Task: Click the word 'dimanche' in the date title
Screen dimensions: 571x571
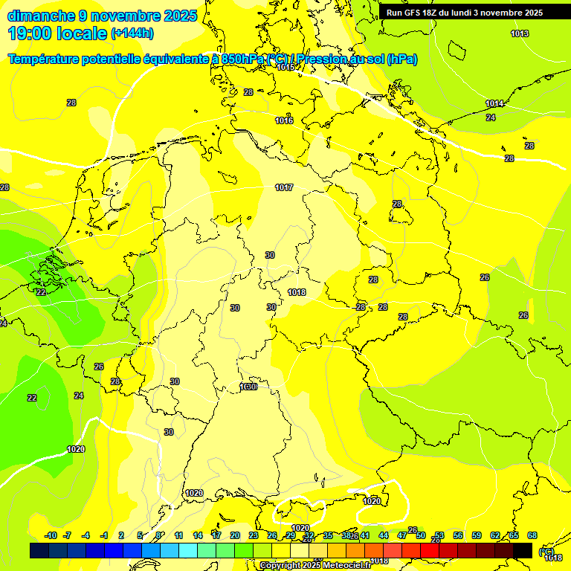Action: point(41,16)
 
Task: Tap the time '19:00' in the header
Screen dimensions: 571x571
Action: point(31,33)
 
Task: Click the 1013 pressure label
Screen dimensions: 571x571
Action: point(520,33)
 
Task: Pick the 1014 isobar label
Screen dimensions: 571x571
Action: point(494,103)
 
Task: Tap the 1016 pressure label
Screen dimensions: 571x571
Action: point(284,120)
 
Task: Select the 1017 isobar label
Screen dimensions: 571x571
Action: point(284,187)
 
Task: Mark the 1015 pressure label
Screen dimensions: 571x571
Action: point(286,67)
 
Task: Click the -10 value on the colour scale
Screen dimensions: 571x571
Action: point(51,536)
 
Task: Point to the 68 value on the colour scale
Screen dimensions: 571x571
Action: point(532,536)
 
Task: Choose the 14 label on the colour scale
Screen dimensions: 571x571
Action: point(198,536)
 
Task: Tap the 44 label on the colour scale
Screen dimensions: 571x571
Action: point(384,536)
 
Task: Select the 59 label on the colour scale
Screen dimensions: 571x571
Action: point(477,536)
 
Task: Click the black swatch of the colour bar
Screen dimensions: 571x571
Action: point(523,550)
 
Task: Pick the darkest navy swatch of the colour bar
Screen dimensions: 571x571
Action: point(39,550)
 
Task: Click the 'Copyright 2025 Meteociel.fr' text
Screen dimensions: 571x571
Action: point(315,566)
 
